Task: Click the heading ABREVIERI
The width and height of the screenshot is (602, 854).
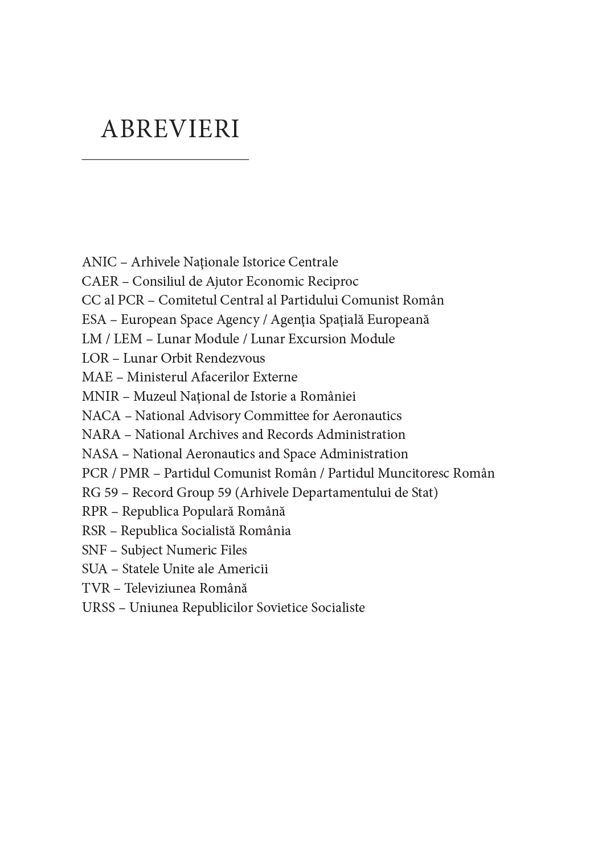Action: (x=170, y=129)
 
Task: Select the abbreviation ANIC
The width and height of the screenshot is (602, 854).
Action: (x=99, y=262)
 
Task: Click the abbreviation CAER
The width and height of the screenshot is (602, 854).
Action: (x=100, y=281)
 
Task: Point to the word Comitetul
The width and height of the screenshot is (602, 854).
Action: (x=186, y=300)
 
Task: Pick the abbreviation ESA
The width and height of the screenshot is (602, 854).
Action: (x=94, y=319)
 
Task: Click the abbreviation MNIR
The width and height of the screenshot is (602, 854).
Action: (x=100, y=396)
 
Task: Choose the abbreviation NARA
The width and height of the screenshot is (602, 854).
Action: (x=101, y=434)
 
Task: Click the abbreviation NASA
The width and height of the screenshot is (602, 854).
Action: (x=100, y=454)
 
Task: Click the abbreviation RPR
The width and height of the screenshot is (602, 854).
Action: (x=95, y=511)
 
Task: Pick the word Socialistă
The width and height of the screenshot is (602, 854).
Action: (x=208, y=531)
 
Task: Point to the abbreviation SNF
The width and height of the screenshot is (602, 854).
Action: (x=94, y=550)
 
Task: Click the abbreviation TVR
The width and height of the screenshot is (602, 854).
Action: (x=96, y=588)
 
